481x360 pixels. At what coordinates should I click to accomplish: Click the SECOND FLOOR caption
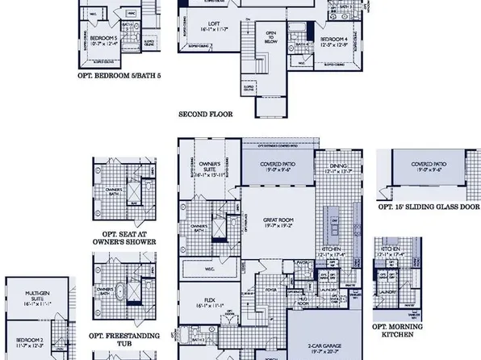coord(205,115)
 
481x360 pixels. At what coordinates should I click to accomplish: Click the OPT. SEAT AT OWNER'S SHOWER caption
coord(123,237)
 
